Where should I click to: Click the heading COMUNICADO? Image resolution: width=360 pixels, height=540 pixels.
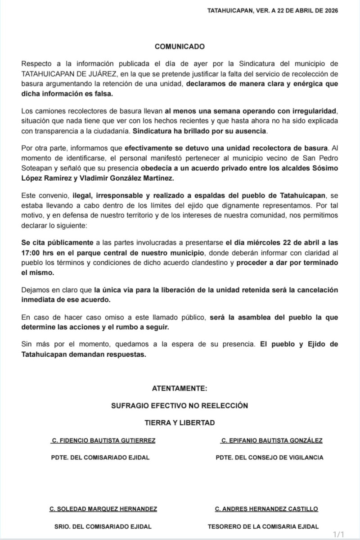pos(180,46)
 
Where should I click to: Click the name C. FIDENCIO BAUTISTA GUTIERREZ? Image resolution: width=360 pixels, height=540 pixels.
pos(103,440)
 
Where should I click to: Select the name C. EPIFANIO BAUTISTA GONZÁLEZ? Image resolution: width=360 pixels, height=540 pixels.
pos(272,440)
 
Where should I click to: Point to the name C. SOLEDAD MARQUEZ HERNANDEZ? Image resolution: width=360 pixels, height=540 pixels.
pos(103,509)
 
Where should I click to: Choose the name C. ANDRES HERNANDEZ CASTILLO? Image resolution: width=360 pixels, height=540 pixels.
pos(267,509)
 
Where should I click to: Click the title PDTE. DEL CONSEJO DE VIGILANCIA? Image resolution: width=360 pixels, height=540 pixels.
pos(270,458)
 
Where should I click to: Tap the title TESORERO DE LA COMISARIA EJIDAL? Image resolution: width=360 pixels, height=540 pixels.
pos(263,526)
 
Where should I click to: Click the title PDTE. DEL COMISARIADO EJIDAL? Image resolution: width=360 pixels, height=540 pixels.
pos(100,458)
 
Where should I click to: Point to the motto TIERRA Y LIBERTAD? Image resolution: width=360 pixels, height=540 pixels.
pos(180,422)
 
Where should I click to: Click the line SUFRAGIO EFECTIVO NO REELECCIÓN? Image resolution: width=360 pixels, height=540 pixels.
pos(180,405)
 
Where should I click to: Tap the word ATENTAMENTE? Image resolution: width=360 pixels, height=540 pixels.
pos(180,388)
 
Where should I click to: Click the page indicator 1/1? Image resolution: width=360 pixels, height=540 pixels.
pos(338,535)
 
